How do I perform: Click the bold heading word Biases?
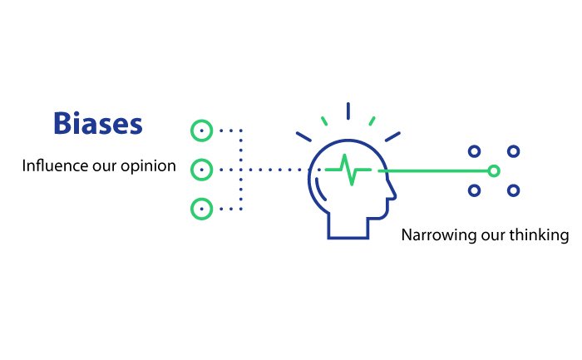[98, 123]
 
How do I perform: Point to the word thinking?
[539, 235]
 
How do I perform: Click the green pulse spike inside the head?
[348, 170]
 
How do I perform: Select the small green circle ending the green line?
[494, 171]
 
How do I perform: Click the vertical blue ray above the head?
[348, 111]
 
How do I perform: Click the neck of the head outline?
[348, 238]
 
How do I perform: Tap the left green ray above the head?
[324, 121]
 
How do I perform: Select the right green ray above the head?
[372, 121]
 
